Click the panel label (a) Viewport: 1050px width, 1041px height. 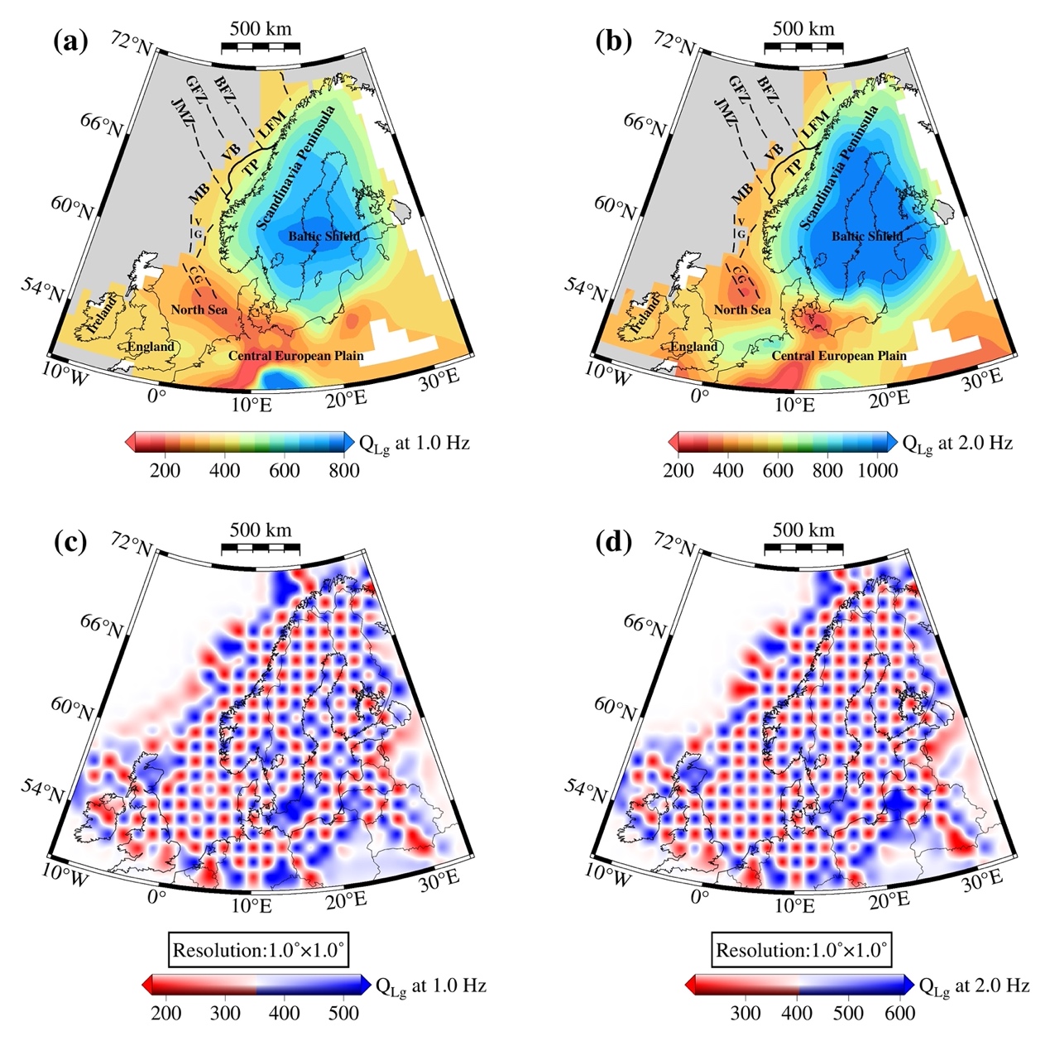(x=70, y=41)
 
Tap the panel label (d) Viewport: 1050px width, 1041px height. (x=613, y=542)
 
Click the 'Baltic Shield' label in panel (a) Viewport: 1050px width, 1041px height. (x=324, y=237)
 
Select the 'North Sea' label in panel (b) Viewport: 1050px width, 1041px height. (x=742, y=309)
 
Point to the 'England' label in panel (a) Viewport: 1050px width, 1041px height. (x=151, y=347)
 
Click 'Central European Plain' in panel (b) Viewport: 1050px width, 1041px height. (x=839, y=356)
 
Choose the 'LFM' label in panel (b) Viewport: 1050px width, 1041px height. (x=814, y=125)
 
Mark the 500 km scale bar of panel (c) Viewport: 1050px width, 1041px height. (x=260, y=548)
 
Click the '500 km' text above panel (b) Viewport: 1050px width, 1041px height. (x=803, y=29)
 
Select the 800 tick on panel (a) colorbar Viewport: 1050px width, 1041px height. (x=343, y=471)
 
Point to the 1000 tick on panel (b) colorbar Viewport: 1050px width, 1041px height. (x=877, y=471)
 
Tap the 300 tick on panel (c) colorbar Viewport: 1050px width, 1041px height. (x=226, y=1013)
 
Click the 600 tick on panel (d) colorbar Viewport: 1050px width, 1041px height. (x=900, y=1013)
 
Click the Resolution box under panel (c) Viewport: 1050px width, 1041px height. (x=258, y=950)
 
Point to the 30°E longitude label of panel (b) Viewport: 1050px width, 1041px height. (x=981, y=380)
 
